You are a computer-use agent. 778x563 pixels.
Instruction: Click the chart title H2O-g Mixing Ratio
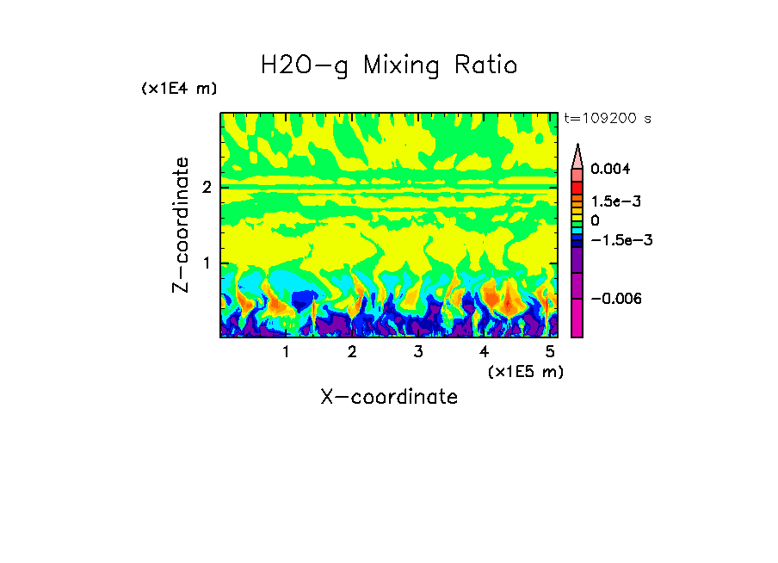[389, 65]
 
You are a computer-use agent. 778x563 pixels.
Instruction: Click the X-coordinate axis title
[389, 397]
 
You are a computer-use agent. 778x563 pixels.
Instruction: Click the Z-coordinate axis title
[181, 225]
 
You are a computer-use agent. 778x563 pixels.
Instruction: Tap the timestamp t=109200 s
[607, 119]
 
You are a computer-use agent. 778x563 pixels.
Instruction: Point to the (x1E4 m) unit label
[179, 89]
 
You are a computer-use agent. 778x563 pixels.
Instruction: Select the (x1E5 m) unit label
[525, 371]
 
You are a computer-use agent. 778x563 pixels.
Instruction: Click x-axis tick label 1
[286, 352]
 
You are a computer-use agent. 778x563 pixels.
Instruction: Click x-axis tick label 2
[352, 352]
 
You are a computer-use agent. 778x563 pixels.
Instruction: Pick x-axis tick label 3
[417, 352]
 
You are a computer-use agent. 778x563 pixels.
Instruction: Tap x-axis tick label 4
[484, 352]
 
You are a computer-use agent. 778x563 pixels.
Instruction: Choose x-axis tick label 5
[549, 352]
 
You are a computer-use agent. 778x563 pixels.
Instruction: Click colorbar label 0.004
[609, 170]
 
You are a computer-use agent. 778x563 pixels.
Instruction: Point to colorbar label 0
[595, 220]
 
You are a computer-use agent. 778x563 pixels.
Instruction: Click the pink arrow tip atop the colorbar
[577, 155]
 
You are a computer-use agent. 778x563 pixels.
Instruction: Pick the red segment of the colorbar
[577, 187]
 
